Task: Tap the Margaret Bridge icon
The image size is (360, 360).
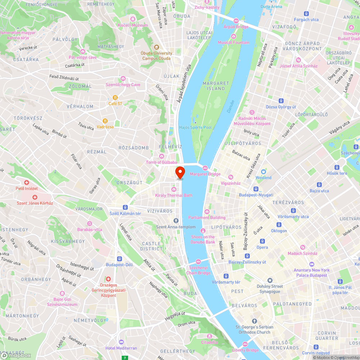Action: pyautogui.click(x=205, y=168)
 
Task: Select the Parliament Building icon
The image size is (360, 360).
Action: pyautogui.click(x=207, y=212)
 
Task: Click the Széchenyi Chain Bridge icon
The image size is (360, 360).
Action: pyautogui.click(x=198, y=262)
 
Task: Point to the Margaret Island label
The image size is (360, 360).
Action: pyautogui.click(x=216, y=86)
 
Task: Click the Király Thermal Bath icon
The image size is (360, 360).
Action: pyautogui.click(x=174, y=189)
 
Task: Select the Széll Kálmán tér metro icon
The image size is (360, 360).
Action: pyautogui.click(x=125, y=207)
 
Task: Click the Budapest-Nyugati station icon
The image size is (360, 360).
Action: pyautogui.click(x=256, y=189)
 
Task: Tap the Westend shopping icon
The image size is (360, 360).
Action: pyautogui.click(x=264, y=172)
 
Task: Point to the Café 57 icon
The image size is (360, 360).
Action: pyautogui.click(x=115, y=98)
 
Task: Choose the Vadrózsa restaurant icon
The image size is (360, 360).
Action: pyautogui.click(x=105, y=121)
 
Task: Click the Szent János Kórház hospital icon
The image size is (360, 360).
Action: pyautogui.click(x=35, y=197)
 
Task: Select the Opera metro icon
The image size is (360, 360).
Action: pyautogui.click(x=262, y=241)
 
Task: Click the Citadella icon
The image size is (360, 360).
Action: pyautogui.click(x=209, y=336)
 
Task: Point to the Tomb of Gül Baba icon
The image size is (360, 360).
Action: pyautogui.click(x=161, y=156)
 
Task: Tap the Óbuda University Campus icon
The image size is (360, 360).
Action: pyautogui.click(x=156, y=47)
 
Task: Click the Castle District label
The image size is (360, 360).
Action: pyautogui.click(x=152, y=246)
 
